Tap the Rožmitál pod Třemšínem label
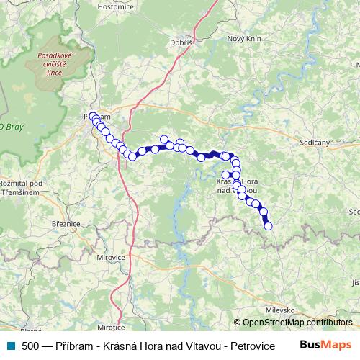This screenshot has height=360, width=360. [x=22, y=188]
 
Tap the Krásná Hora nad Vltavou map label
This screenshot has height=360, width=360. [x=238, y=186]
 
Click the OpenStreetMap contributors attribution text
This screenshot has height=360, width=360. [x=293, y=323]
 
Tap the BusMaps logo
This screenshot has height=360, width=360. [x=325, y=346]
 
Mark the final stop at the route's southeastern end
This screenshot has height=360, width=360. [x=269, y=226]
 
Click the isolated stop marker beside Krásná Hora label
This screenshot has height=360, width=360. [x=225, y=174]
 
